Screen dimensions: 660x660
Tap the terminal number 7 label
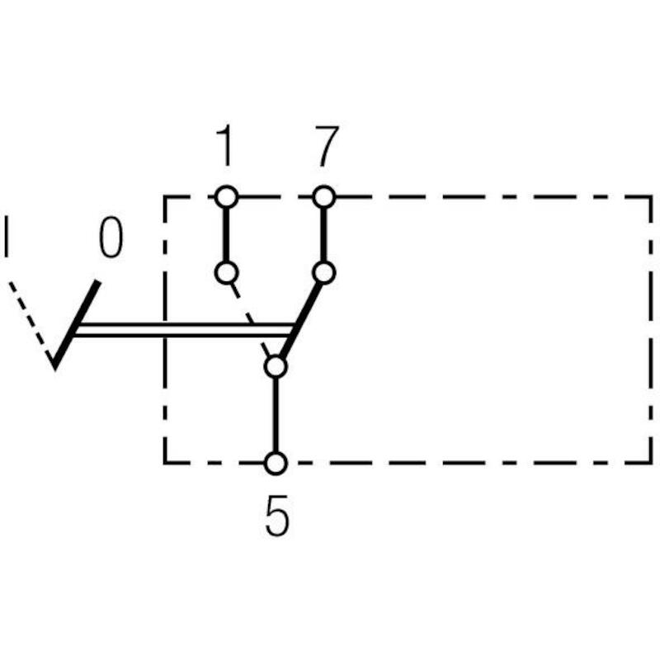point(326,146)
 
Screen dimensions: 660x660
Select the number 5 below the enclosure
point(277,515)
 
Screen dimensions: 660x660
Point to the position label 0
point(111,237)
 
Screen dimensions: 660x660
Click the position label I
point(6,237)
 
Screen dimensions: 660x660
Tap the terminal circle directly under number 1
point(226,197)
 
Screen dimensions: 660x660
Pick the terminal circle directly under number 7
point(324,197)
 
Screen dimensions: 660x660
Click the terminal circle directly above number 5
point(276,463)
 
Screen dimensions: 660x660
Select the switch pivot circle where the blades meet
point(276,366)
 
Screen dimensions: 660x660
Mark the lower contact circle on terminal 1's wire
point(226,273)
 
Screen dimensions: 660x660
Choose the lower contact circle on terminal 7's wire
point(324,273)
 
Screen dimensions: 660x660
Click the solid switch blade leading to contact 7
point(299,320)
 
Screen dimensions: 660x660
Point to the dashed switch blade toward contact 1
point(251,320)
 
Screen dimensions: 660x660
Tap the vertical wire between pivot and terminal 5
point(276,415)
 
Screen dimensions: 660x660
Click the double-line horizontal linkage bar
point(183,330)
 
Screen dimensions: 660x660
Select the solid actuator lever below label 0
point(76,324)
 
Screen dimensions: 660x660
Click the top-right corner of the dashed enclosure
point(651,197)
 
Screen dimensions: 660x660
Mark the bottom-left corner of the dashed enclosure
point(165,463)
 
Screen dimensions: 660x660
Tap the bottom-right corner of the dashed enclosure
point(651,463)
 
